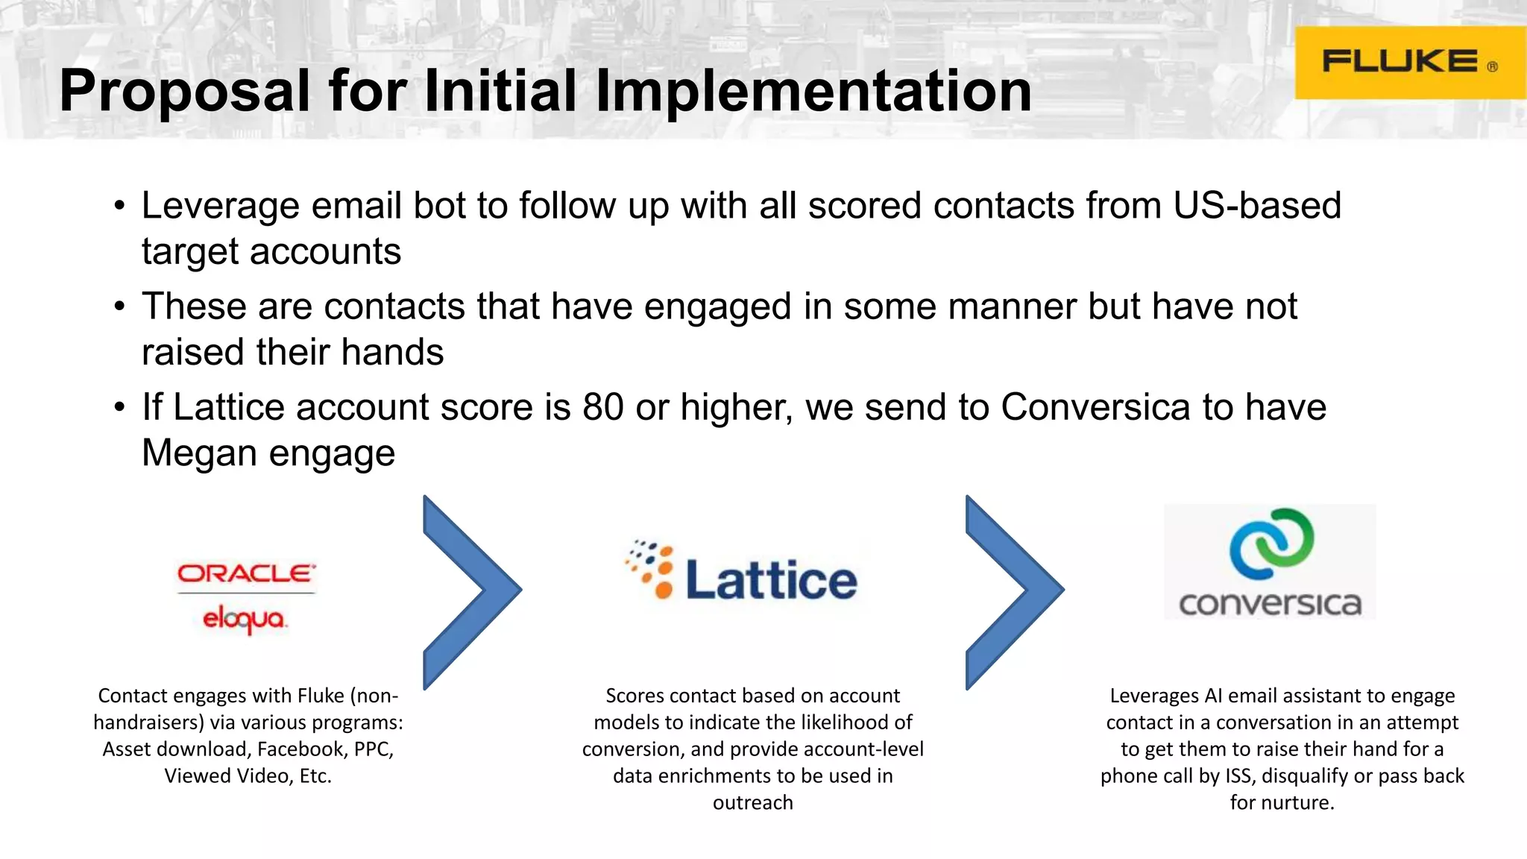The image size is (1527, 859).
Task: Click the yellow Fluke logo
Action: pyautogui.click(x=1409, y=63)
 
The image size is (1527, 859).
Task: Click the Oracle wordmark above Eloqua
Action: pyautogui.click(x=246, y=573)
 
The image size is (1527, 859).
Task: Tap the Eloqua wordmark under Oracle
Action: pyautogui.click(x=245, y=619)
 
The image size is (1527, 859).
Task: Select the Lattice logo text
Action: pyautogui.click(x=771, y=580)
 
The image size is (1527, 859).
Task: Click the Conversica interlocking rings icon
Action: pyautogui.click(x=1271, y=544)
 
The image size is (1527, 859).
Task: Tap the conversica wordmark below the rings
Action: pyautogui.click(x=1270, y=603)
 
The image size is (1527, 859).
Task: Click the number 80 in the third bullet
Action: pyautogui.click(x=602, y=408)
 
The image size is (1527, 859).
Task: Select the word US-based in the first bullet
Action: pyautogui.click(x=1257, y=206)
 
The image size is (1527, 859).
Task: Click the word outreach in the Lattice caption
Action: pyautogui.click(x=753, y=803)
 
